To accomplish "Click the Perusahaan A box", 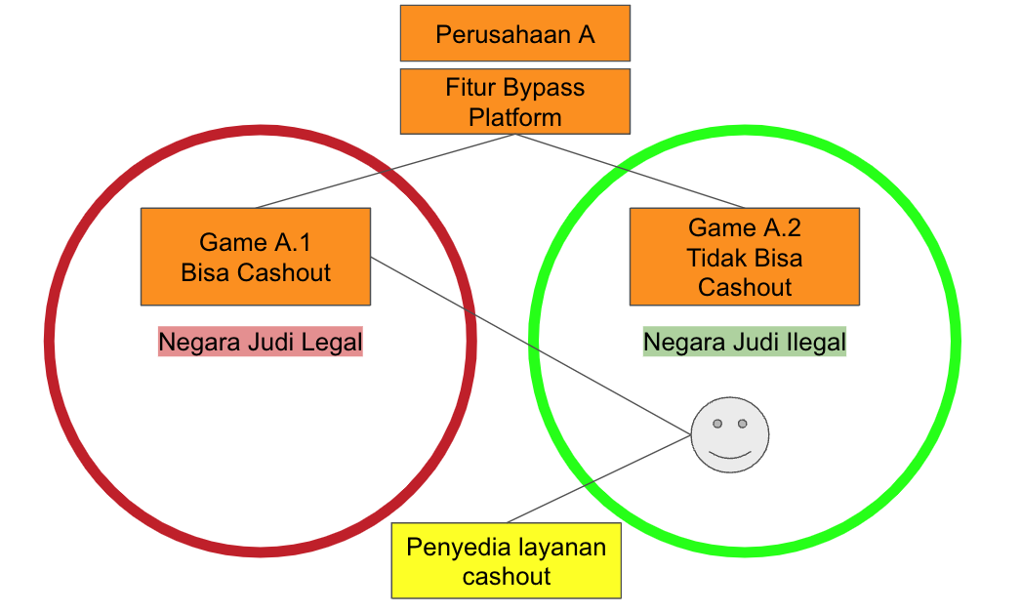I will [514, 33].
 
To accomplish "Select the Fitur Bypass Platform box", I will [514, 102].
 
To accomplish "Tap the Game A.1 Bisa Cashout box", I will [256, 256].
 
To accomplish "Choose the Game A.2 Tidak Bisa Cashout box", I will [744, 257].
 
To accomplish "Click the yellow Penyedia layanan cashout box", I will [506, 560].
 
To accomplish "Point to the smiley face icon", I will [729, 435].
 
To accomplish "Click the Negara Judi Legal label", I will [260, 343].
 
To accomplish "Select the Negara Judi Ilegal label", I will [744, 343].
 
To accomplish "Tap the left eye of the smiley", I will [717, 424].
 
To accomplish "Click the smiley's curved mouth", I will [729, 454].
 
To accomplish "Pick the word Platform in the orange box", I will [514, 117].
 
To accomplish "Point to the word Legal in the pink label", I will [331, 343].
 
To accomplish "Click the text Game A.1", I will [256, 242].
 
